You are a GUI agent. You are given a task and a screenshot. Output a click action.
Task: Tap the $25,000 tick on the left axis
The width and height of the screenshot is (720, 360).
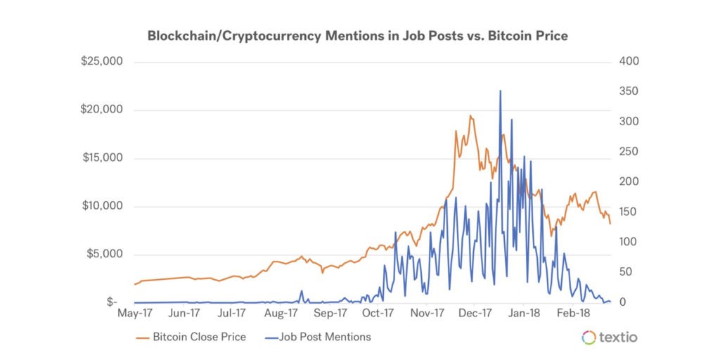point(103,61)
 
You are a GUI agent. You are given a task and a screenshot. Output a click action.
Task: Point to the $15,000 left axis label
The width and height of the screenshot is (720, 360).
point(103,157)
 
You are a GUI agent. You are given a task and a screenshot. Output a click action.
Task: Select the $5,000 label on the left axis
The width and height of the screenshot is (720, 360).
point(105,255)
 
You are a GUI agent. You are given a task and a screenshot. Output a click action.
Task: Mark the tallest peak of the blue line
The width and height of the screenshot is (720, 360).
point(500,91)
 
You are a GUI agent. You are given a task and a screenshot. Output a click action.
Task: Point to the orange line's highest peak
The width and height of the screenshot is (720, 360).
point(470,116)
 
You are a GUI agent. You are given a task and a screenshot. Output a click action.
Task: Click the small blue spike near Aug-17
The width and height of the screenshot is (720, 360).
point(302,291)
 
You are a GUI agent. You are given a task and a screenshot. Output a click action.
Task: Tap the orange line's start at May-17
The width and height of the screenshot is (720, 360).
point(135,285)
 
